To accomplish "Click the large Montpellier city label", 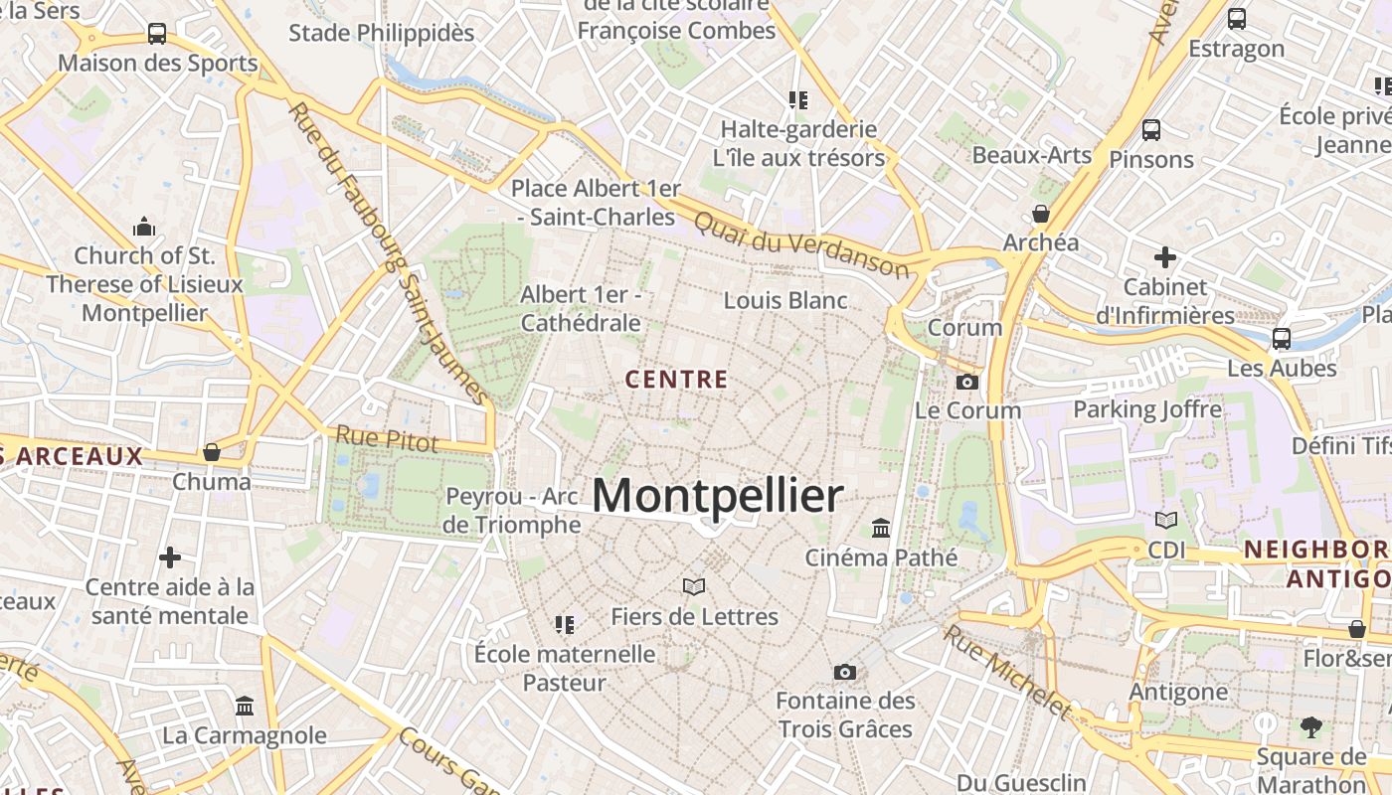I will click(717, 496).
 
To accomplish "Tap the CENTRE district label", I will click(677, 379).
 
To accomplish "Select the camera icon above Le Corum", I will click(966, 382).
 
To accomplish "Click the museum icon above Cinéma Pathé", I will click(881, 527).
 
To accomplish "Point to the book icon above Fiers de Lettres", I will click(694, 586).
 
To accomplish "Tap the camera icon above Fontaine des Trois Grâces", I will click(845, 672).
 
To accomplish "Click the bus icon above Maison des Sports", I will click(157, 34).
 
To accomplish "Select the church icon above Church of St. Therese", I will click(144, 227).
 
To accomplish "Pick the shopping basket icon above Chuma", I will click(212, 452).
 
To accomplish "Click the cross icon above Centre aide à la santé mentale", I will click(170, 556).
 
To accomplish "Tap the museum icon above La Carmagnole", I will click(245, 706).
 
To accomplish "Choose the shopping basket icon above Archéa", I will click(1041, 213).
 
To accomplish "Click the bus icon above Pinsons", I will click(1151, 129).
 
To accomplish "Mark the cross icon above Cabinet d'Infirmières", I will click(1165, 257).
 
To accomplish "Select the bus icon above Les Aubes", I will click(1282, 338).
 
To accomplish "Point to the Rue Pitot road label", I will click(386, 438).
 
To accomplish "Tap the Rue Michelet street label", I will click(1006, 671).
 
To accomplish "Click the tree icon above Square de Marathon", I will click(1311, 727).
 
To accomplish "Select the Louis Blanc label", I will click(785, 300).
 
